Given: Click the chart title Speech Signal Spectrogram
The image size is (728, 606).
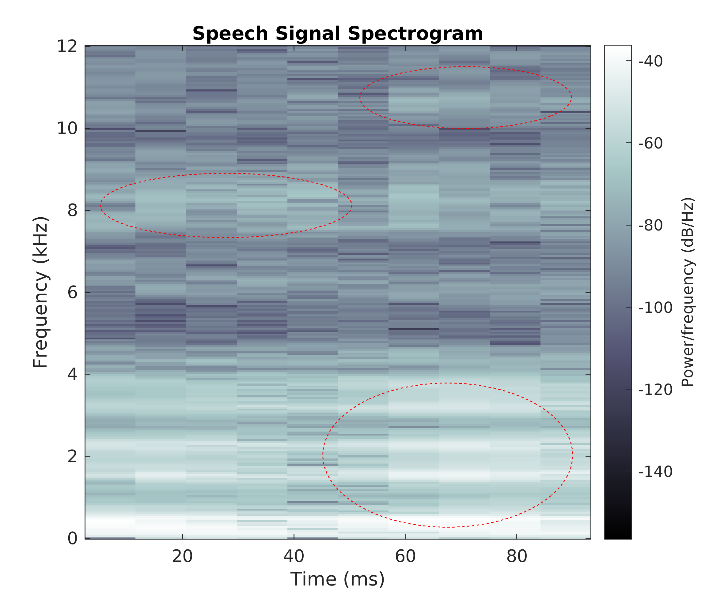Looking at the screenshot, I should point(337,34).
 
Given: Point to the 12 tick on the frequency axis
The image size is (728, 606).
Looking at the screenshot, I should point(67,46).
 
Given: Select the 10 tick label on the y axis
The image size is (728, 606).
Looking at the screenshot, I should point(67,129).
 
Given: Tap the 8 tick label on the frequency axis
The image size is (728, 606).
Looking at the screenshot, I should point(72,210).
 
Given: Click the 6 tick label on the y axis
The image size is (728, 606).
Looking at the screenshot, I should point(72,292).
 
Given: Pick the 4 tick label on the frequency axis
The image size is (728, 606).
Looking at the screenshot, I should point(72,374).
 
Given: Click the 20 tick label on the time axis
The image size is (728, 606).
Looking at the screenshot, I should point(182,556).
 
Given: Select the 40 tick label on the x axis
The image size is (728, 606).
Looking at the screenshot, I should point(294,556).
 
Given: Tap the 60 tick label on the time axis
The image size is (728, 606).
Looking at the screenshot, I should point(405,556).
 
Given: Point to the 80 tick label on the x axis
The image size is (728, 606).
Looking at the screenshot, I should point(517,556).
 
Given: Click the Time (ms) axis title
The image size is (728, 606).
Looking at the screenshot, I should point(337,579).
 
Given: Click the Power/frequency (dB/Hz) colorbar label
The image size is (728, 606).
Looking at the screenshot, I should point(688,292).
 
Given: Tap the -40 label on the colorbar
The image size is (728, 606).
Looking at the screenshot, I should point(650,61).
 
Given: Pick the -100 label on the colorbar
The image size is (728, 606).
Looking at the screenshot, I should point(655,308).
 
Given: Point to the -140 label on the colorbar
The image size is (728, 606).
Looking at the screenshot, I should point(655,472).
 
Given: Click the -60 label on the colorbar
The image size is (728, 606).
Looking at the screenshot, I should point(650,143).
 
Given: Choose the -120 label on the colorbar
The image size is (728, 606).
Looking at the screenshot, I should point(655,390).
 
